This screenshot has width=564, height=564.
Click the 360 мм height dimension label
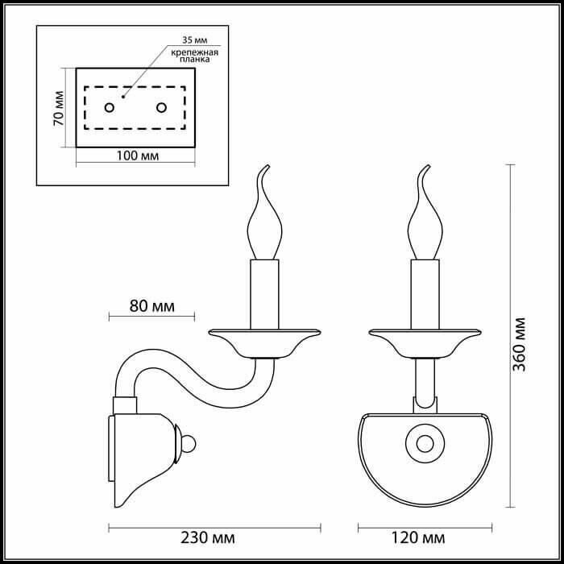519,344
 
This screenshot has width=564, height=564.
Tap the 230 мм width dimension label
208,537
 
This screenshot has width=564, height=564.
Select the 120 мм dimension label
418,537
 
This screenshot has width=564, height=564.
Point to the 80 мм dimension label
151,306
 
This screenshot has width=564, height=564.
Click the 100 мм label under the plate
138,156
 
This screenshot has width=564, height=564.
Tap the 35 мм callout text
195,40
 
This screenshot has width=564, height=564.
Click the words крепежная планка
195,56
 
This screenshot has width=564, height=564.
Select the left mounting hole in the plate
110,107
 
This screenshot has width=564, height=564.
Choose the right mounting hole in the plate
161,107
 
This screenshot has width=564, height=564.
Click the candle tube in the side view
265,294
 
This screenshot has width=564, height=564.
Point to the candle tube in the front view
425,294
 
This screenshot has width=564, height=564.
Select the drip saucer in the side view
265,343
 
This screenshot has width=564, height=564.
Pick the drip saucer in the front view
425,343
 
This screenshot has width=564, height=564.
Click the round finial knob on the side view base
189,444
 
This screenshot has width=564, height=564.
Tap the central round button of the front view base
425,443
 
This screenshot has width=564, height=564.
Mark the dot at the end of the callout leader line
123,97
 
